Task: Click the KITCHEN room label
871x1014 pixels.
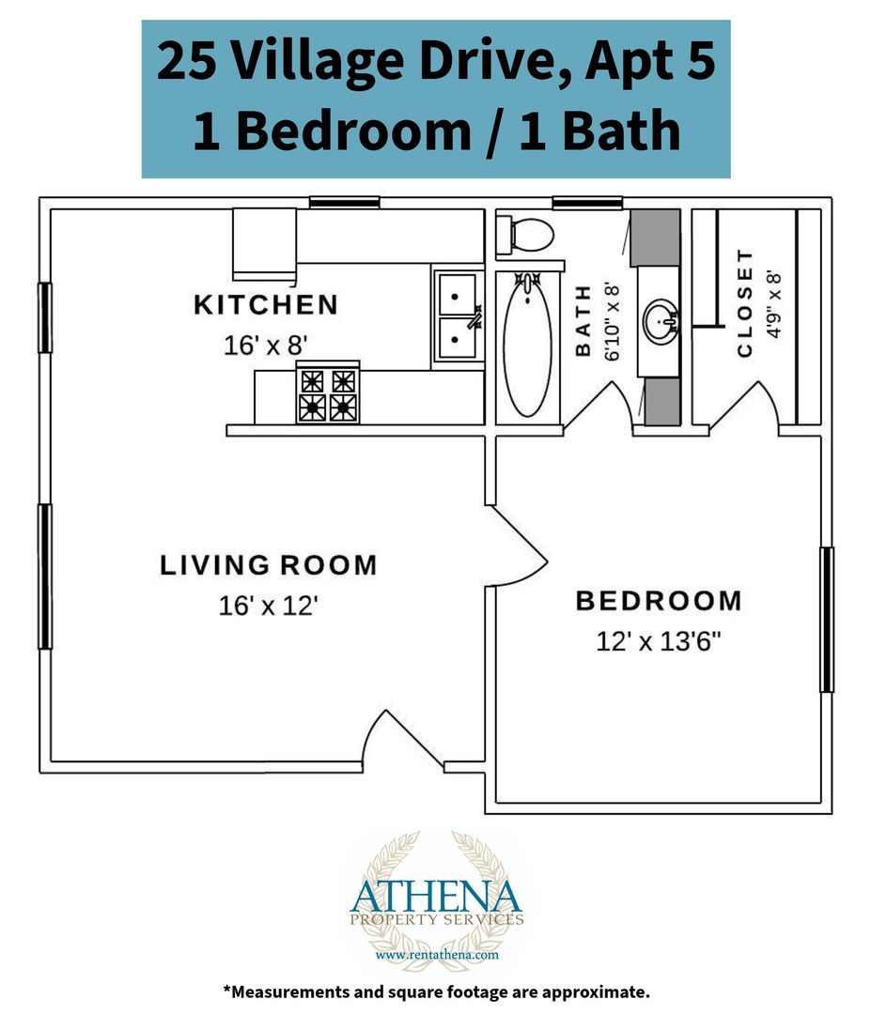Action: pos(265,304)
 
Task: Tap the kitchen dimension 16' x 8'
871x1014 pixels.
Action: pos(265,346)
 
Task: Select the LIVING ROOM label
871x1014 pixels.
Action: pos(268,564)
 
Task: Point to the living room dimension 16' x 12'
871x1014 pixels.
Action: pos(268,606)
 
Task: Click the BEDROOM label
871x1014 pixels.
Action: pos(659,600)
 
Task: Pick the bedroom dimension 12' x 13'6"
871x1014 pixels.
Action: pos(659,641)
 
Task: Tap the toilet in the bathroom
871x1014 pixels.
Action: pos(525,234)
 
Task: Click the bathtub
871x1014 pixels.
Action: pos(527,345)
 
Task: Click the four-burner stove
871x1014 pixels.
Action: pos(327,392)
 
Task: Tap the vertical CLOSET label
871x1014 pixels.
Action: pos(745,303)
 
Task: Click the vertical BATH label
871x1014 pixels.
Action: pos(583,321)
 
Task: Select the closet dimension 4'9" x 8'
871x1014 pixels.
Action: pos(774,304)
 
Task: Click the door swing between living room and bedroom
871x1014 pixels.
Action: pos(518,545)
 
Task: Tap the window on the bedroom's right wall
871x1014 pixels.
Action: pos(826,620)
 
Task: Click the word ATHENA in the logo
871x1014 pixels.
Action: pos(436,897)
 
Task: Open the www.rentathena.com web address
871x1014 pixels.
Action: pos(437,955)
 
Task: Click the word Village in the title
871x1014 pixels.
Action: pos(317,61)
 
